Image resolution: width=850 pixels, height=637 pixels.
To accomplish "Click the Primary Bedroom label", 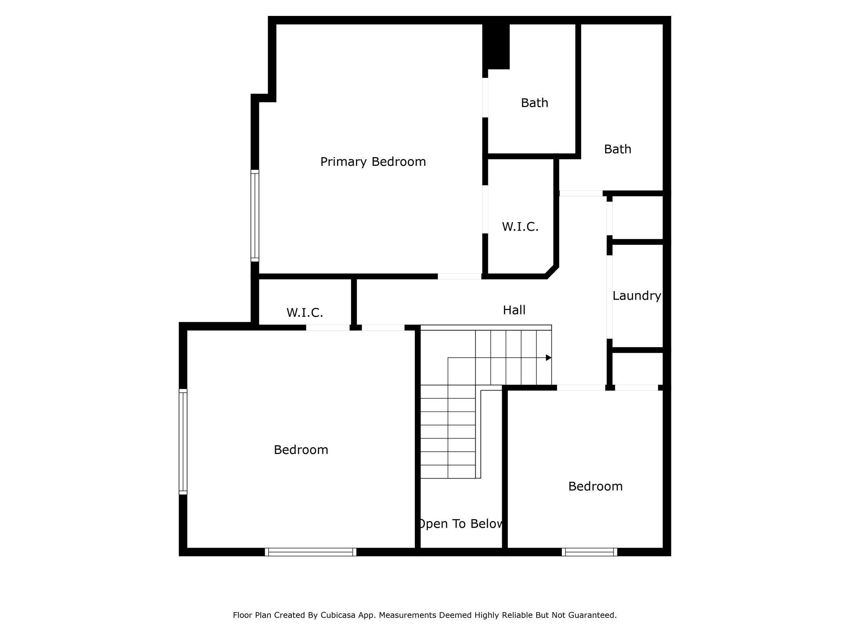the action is [373, 162].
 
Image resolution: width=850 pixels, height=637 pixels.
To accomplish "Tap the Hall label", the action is [514, 310].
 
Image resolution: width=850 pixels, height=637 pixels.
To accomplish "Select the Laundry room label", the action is [636, 296].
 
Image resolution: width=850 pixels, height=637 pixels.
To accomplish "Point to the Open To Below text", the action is [461, 524].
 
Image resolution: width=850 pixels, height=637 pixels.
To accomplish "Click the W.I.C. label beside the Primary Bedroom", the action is [520, 227].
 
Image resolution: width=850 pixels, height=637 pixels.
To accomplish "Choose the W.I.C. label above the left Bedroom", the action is [305, 313].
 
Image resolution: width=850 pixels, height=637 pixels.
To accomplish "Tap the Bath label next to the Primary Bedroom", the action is [535, 103].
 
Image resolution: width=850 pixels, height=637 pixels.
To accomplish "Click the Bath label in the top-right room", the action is [617, 149].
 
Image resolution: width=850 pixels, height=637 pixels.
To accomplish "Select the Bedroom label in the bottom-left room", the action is [301, 450].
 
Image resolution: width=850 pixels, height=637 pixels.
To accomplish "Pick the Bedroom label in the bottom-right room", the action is [595, 486].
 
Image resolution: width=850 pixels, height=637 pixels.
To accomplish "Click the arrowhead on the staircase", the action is [549, 358].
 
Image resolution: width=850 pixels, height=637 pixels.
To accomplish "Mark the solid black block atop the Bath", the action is [496, 47].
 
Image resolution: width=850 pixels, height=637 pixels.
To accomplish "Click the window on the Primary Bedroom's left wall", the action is [255, 216].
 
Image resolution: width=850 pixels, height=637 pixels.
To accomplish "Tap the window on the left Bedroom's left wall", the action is [183, 442].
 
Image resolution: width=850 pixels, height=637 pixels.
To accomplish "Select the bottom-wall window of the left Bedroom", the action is [311, 552].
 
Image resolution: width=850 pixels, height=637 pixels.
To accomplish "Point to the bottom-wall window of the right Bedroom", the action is [589, 552].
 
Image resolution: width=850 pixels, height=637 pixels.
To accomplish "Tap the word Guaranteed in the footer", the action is [594, 615].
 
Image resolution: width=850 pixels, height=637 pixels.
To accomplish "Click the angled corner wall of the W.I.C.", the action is [552, 272].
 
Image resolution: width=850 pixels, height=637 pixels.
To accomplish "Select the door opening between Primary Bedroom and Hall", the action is [460, 276].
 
